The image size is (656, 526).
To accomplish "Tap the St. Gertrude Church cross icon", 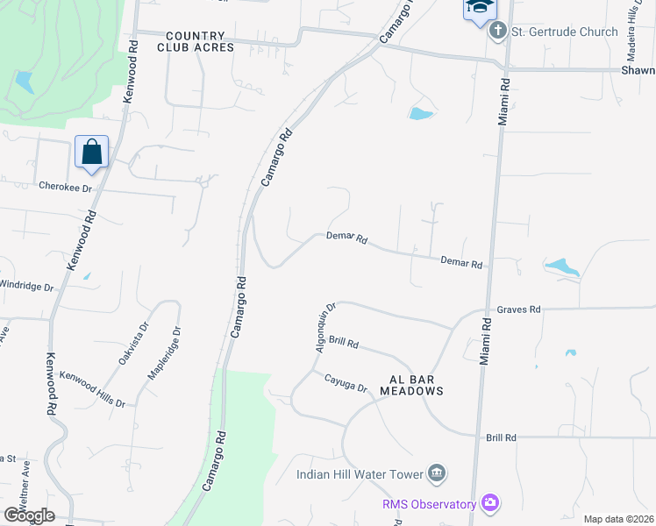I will pos(498,32).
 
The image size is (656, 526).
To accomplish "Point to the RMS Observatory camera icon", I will pos(490,503).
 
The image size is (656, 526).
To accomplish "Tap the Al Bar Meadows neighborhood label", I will pos(411,385).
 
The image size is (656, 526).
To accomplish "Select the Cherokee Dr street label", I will pos(65,187).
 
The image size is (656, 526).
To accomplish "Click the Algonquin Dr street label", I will pos(325,329).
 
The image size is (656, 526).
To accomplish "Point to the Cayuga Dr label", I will pos(345,383).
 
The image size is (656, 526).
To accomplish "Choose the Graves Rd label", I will pos(518,309).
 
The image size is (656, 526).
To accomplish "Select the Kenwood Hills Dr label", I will pos(92,388).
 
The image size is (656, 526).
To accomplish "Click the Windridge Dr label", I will pos(25,286).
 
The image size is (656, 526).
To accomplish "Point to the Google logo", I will pos(29,515).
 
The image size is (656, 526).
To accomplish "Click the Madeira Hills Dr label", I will pos(633,26).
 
